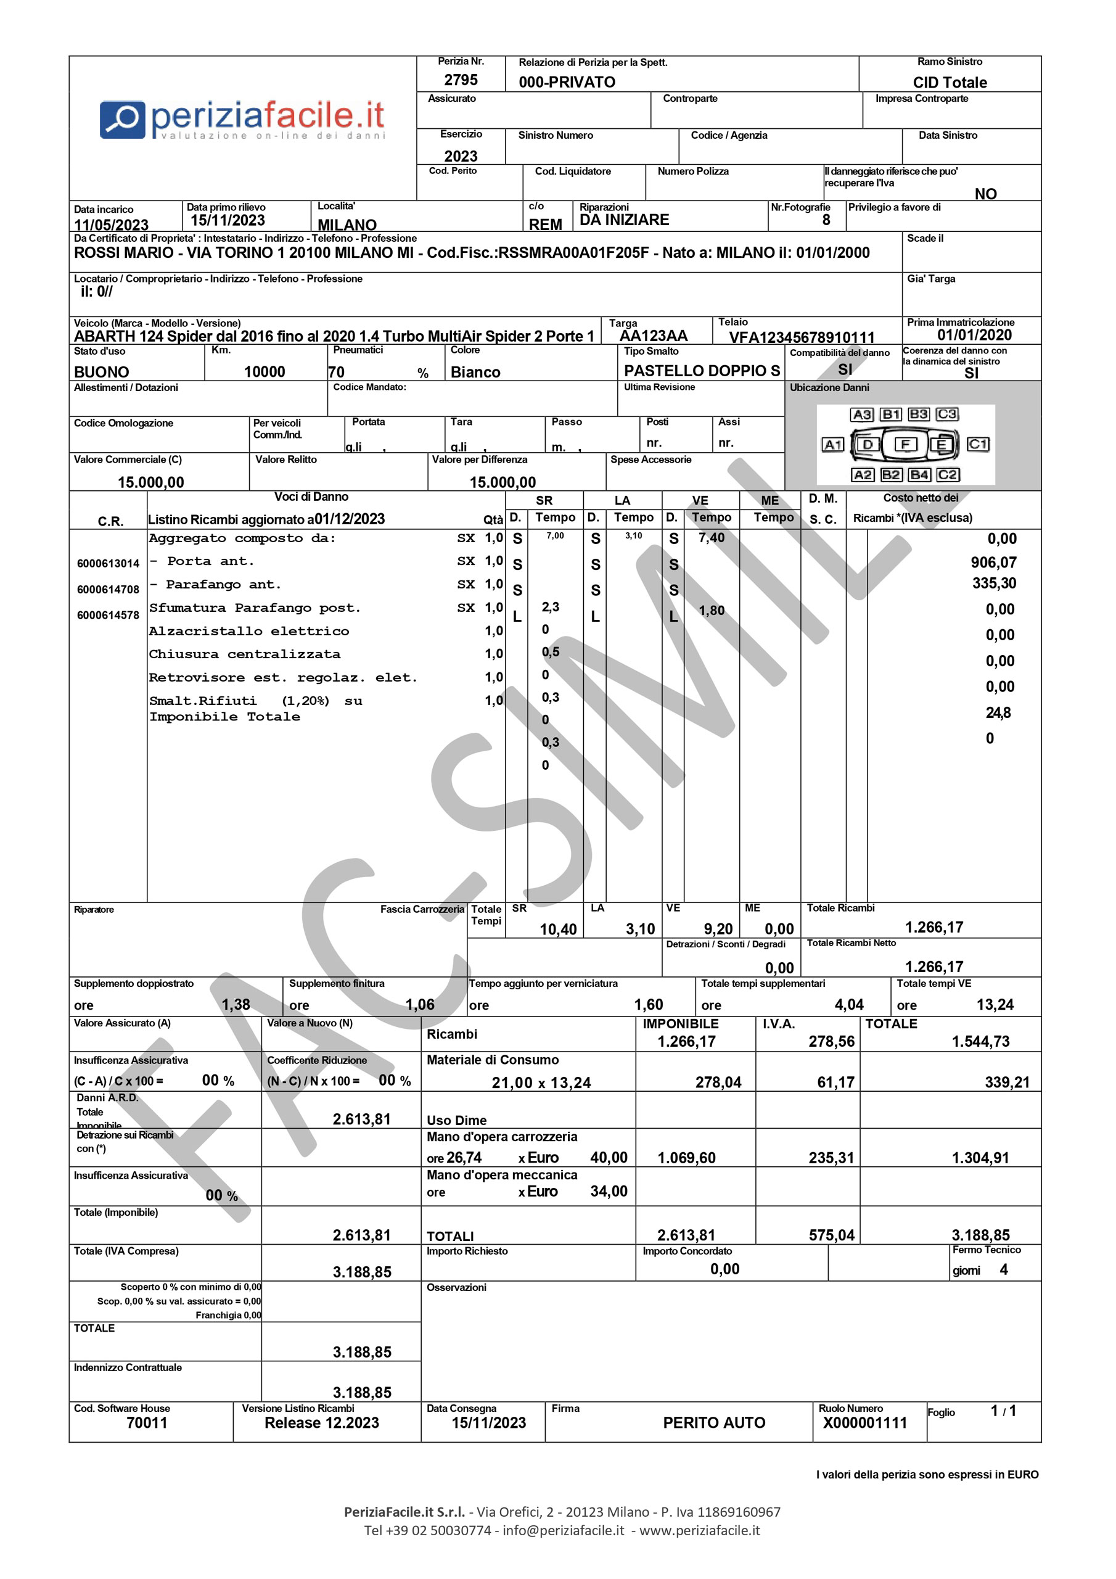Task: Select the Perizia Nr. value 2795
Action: (460, 80)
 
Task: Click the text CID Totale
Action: (949, 83)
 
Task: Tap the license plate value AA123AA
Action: (652, 336)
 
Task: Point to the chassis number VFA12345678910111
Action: (801, 337)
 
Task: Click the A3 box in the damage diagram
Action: (861, 414)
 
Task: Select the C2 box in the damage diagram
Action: (947, 474)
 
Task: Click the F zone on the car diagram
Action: (905, 444)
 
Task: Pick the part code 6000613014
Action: (108, 563)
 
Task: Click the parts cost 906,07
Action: (993, 563)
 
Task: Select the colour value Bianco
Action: (475, 372)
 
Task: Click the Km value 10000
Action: (264, 372)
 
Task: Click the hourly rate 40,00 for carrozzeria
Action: (609, 1158)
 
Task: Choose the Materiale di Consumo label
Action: (492, 1060)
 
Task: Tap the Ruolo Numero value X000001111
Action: (864, 1423)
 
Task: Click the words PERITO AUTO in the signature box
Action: (714, 1423)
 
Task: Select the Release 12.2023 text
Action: (322, 1423)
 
